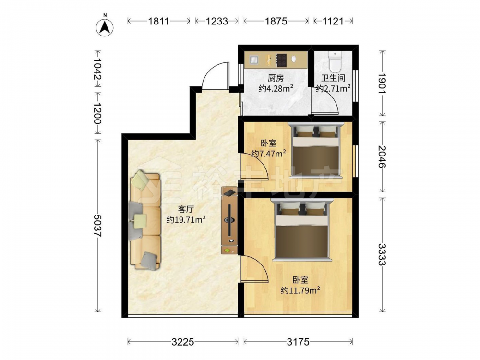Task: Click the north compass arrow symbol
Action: coord(105,27)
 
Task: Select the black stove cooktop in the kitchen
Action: coord(282,60)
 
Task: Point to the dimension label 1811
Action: coord(158,21)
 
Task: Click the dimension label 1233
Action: coord(217,21)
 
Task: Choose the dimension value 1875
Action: coord(276,21)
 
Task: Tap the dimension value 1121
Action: coord(333,21)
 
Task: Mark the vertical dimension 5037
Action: coord(97,225)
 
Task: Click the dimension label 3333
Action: coord(383,254)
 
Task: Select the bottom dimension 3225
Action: coord(183,342)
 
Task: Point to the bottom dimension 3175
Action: coord(298,342)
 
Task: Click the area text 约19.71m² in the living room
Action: coord(186,219)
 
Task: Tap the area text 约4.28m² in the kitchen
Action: coord(276,88)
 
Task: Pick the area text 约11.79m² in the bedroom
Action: coord(300,290)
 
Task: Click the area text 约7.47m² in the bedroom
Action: coord(268,153)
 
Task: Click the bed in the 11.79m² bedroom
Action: coord(301,229)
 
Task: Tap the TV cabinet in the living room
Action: coord(229,220)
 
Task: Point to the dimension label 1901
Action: coord(383,83)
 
